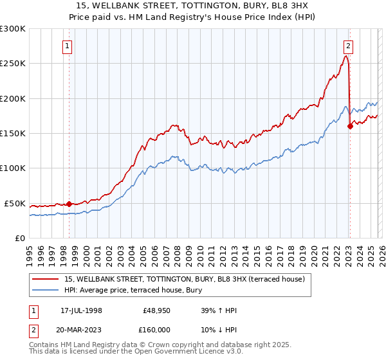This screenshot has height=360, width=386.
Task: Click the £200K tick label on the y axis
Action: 13,98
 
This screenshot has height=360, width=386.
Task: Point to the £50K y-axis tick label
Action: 15,203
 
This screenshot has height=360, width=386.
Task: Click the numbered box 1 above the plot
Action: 68,46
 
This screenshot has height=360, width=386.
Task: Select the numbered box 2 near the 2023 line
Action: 348,46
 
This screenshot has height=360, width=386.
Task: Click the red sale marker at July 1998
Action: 69,204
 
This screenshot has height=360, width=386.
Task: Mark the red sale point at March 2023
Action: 350,126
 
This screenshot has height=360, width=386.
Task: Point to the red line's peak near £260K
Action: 346,56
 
